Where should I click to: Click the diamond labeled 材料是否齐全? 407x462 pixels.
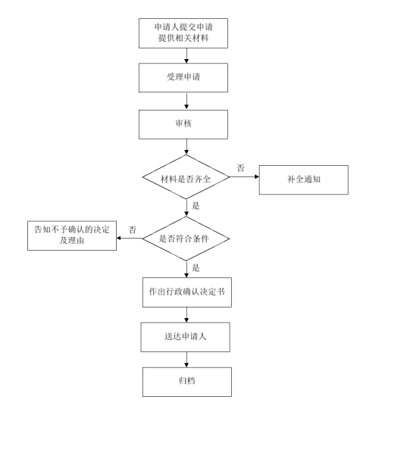point(186,178)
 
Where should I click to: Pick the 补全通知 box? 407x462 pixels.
point(302,179)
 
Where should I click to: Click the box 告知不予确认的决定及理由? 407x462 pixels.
point(72,233)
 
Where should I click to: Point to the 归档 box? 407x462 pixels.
point(186,381)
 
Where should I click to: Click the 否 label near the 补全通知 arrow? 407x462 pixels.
point(240,168)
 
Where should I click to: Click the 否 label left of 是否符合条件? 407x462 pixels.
point(132,229)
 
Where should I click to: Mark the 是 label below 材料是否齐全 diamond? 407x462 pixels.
point(196,206)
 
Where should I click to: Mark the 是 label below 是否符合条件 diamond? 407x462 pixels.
point(196,267)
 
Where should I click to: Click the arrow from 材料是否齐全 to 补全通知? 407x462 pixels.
point(244,179)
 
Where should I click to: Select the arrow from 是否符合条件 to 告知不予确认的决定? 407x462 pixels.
point(130,239)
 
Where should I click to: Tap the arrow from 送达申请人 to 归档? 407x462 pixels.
point(186,359)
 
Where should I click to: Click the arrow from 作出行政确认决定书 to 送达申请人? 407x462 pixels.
point(186,314)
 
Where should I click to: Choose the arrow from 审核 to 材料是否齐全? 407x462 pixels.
point(186,146)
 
